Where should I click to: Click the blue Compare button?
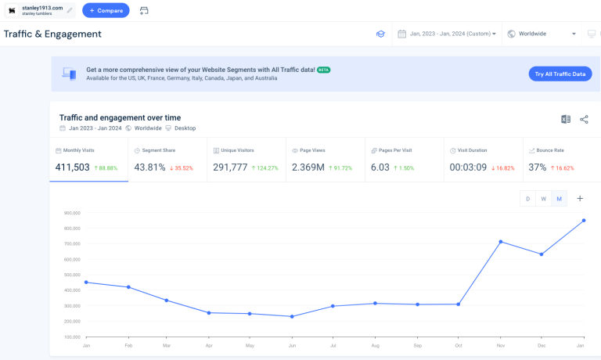tap(106, 11)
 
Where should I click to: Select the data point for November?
tap(500, 242)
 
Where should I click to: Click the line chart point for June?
tap(292, 316)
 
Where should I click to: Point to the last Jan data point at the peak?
tap(583, 221)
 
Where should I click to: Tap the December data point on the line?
tap(542, 254)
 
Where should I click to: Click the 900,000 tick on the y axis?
tap(72, 213)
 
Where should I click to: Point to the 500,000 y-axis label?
tap(72, 275)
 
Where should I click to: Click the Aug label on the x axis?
tap(376, 344)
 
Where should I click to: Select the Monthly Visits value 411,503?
tap(73, 167)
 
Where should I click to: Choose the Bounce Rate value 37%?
tap(537, 167)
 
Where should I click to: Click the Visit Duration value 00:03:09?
tap(468, 167)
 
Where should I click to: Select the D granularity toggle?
tap(527, 199)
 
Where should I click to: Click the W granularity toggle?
tap(543, 199)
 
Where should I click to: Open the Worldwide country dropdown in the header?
tap(541, 34)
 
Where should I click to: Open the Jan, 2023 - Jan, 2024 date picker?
tap(447, 34)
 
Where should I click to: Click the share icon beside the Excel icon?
tap(584, 120)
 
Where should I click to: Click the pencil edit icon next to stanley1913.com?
tap(70, 10)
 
